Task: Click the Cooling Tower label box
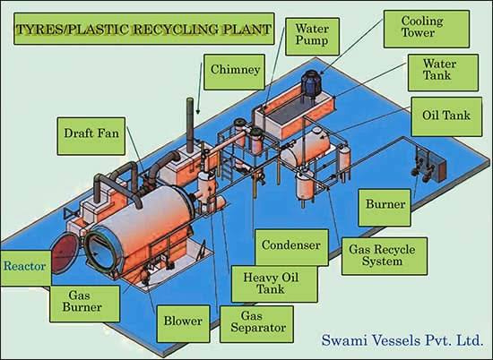(x=427, y=29)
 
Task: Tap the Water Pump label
(x=312, y=37)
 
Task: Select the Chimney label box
(x=234, y=72)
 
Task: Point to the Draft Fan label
(x=91, y=136)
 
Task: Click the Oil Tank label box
(x=446, y=116)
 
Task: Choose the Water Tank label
(x=444, y=73)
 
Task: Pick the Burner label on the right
(x=385, y=208)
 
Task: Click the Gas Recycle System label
(x=385, y=256)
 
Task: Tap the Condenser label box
(x=292, y=247)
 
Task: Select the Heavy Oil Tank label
(x=274, y=284)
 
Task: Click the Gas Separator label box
(x=256, y=324)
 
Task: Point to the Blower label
(x=183, y=323)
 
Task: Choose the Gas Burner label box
(x=84, y=304)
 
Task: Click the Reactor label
(x=25, y=268)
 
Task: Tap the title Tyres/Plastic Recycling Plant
(x=144, y=29)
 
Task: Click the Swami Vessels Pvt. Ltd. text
(x=402, y=340)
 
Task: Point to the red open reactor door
(x=65, y=253)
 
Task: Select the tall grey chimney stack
(x=190, y=125)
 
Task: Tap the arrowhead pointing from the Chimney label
(x=198, y=112)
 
